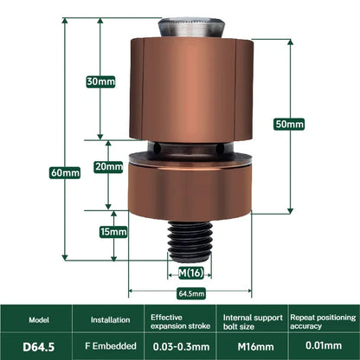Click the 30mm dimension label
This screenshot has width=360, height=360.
(100, 81)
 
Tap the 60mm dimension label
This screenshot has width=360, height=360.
(65, 172)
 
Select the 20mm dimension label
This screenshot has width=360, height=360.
(108, 166)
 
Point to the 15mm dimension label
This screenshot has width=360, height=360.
(113, 232)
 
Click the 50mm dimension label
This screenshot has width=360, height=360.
(289, 124)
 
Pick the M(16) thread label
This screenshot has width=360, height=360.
(190, 273)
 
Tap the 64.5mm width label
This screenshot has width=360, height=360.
(191, 294)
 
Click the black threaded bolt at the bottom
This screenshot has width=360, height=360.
(190, 241)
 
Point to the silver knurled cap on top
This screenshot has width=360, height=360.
(191, 28)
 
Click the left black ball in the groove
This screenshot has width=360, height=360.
(157, 148)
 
